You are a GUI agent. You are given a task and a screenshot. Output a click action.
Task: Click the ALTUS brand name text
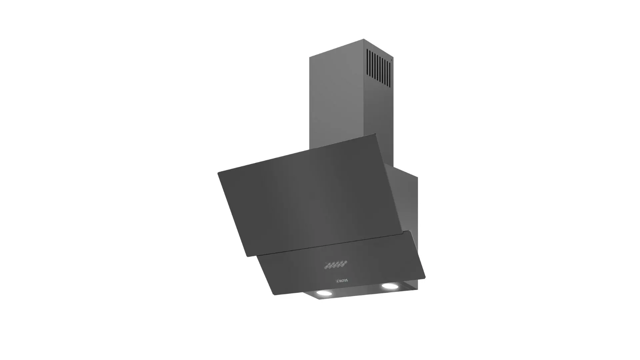tap(343, 280)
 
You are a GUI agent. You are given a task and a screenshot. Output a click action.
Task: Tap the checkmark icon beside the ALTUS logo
tap(337, 281)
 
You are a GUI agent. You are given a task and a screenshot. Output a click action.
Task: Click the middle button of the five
tap(336, 265)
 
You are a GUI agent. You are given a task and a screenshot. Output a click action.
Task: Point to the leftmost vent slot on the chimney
tap(368, 62)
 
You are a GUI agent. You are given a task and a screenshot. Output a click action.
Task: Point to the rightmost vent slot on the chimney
tap(390, 74)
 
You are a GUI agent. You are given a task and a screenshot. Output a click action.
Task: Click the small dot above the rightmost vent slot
tap(391, 60)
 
